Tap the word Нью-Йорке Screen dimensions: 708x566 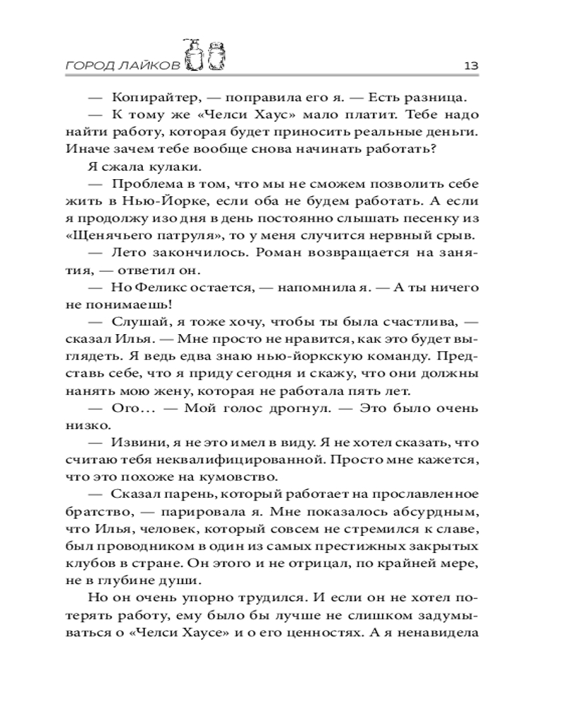pyautogui.click(x=153, y=201)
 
